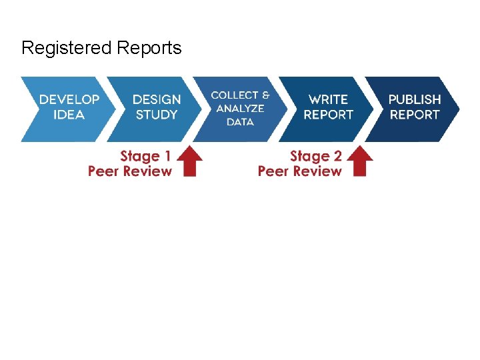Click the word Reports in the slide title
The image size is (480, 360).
(x=149, y=49)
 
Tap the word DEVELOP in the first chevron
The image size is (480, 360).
(x=69, y=99)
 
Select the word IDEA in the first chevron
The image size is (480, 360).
(x=69, y=115)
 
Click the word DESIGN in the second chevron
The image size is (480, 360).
(x=157, y=99)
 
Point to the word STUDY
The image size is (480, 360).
(x=157, y=115)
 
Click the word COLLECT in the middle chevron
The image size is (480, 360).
(x=235, y=95)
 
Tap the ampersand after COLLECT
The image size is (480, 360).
(x=267, y=95)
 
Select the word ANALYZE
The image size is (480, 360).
(x=240, y=108)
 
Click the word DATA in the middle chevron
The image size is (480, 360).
(x=240, y=122)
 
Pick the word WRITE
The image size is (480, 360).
(x=328, y=99)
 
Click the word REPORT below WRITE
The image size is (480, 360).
(x=328, y=115)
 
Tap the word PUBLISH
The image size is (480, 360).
(x=415, y=99)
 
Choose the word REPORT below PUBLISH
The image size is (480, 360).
(x=415, y=115)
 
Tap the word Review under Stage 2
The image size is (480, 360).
(x=319, y=171)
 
